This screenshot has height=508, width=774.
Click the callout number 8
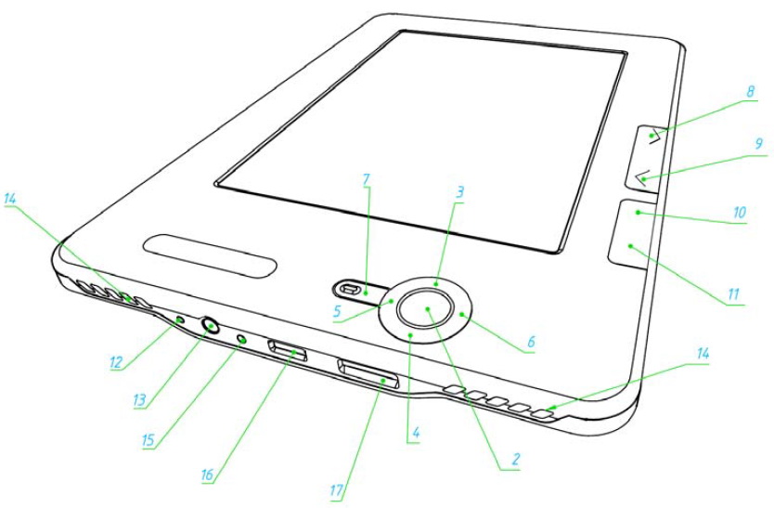click(x=750, y=91)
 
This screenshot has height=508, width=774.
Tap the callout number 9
click(x=759, y=144)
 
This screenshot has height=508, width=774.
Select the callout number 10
click(x=739, y=213)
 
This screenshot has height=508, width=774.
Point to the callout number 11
click(x=733, y=294)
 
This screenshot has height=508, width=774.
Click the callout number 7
click(x=366, y=179)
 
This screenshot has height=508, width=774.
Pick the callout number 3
click(x=459, y=191)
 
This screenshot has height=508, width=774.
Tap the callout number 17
click(x=336, y=490)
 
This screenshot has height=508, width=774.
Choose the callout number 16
click(x=207, y=475)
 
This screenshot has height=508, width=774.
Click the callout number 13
click(x=140, y=399)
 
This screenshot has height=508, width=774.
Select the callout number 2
click(x=515, y=460)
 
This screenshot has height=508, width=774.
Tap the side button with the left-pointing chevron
click(x=641, y=176)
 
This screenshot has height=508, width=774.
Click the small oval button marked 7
click(x=355, y=289)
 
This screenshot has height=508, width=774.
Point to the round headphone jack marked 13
click(x=210, y=326)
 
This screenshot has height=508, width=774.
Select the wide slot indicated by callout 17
click(x=368, y=374)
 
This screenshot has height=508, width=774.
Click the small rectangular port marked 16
click(x=288, y=350)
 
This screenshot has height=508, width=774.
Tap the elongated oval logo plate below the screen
click(x=211, y=256)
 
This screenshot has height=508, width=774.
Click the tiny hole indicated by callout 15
click(x=242, y=339)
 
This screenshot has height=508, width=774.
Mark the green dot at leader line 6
click(x=461, y=314)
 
